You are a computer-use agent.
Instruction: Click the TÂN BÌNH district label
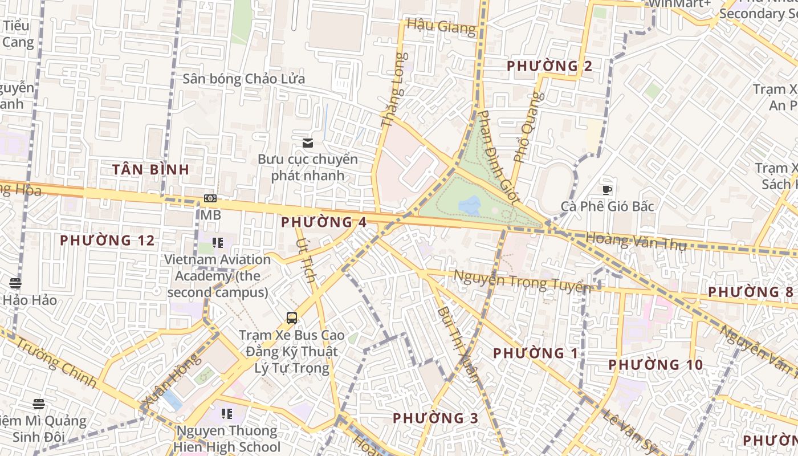point(150,169)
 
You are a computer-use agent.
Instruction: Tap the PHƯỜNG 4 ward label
point(324,222)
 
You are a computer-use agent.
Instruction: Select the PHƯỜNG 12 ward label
point(107,241)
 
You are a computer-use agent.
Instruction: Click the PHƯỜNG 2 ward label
point(549,66)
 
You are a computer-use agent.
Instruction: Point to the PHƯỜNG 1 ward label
point(536,353)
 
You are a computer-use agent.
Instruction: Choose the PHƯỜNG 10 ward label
point(655,365)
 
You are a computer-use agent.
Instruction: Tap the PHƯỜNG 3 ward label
point(435,418)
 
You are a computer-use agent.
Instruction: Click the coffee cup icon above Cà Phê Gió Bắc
point(607,190)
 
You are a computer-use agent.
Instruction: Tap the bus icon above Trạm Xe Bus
point(292,317)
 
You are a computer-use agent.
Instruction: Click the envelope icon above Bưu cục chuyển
point(308,142)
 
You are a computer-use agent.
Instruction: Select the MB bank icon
point(210,198)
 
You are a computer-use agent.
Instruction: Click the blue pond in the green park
point(470,205)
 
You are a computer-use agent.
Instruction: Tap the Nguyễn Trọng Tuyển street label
point(521,281)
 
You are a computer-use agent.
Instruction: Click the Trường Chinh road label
point(54,363)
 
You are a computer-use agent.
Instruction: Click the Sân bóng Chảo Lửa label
point(243,79)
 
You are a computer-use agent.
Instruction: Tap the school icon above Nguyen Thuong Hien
point(227,413)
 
